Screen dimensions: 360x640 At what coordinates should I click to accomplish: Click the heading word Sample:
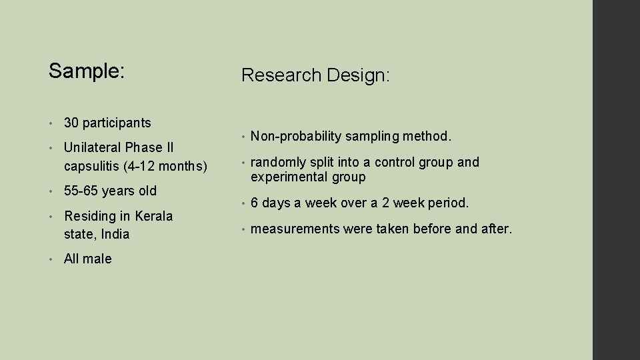tap(87, 71)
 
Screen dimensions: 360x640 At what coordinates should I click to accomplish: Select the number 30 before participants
tap(71, 123)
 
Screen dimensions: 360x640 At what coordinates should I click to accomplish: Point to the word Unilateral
tap(93, 147)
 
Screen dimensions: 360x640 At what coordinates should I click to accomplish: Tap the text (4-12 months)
tap(166, 166)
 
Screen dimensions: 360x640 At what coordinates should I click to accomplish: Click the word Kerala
tap(154, 216)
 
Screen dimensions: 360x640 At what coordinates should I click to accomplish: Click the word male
tap(98, 259)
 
